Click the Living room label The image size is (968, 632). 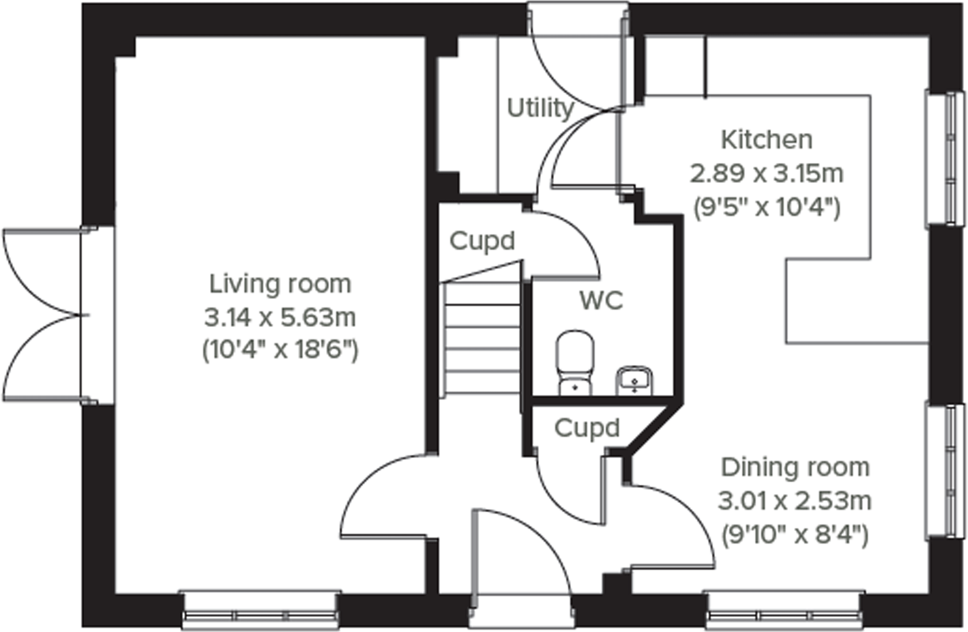click(280, 284)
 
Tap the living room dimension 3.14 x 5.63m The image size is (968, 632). click(280, 318)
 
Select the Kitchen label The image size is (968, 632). click(766, 139)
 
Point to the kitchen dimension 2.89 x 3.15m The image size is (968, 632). click(766, 173)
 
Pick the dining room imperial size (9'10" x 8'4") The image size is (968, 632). click(795, 535)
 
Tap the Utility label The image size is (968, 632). click(540, 108)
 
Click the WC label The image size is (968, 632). click(601, 300)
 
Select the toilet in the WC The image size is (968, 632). click(575, 363)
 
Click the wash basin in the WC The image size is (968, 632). click(634, 381)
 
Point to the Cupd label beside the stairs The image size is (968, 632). click(482, 241)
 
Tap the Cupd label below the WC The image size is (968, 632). click(587, 428)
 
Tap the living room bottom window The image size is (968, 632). click(260, 610)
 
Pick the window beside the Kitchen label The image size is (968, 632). click(944, 159)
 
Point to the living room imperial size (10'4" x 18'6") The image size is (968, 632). click(280, 351)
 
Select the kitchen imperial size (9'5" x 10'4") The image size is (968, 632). click(766, 208)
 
